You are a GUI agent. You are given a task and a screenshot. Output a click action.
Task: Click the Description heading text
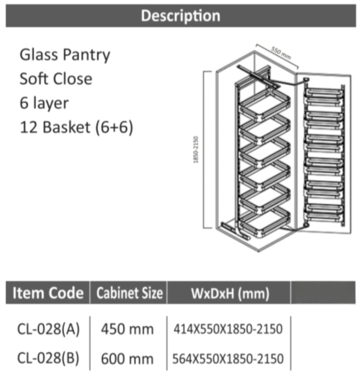pyautogui.click(x=181, y=16)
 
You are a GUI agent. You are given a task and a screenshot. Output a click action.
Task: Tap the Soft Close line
pyautogui.click(x=56, y=79)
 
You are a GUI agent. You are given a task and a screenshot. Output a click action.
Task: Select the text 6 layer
pyautogui.click(x=44, y=103)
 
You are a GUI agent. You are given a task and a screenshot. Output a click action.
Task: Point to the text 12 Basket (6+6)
pyautogui.click(x=76, y=127)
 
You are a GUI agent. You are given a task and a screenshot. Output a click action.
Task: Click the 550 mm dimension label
pyautogui.click(x=281, y=53)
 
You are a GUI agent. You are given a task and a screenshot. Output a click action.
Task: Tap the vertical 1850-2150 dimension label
pyautogui.click(x=196, y=150)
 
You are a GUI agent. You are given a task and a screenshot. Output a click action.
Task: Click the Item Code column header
pyautogui.click(x=48, y=293)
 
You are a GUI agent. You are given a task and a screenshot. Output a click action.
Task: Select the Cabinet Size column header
pyautogui.click(x=129, y=293)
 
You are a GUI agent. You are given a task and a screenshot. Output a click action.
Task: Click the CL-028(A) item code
pyautogui.click(x=48, y=329)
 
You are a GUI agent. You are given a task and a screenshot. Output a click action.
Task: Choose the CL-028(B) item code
pyautogui.click(x=48, y=358)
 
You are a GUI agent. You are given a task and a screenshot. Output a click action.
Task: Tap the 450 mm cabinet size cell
pyautogui.click(x=127, y=329)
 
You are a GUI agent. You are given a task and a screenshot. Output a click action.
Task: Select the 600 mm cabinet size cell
pyautogui.click(x=127, y=359)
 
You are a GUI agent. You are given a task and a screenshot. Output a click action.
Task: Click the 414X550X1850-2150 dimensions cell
pyautogui.click(x=228, y=329)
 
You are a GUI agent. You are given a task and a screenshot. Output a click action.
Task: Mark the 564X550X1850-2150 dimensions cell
pyautogui.click(x=228, y=359)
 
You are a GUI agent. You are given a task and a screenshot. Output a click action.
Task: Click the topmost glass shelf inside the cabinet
pyautogui.click(x=265, y=104)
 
